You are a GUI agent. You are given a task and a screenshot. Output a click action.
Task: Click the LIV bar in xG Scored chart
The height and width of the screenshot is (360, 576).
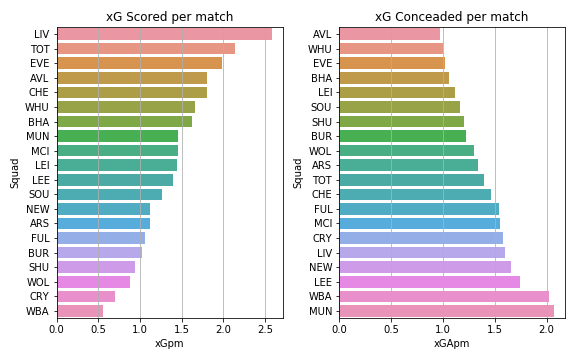click(x=164, y=34)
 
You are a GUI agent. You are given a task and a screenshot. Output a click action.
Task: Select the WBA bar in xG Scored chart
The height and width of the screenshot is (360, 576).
click(x=80, y=311)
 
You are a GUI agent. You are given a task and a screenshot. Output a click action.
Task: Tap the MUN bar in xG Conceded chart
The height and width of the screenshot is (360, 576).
click(x=446, y=311)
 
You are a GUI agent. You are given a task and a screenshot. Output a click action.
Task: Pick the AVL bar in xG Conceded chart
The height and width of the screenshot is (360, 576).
click(x=390, y=34)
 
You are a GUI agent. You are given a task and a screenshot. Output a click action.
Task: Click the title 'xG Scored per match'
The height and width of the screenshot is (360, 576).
click(x=169, y=17)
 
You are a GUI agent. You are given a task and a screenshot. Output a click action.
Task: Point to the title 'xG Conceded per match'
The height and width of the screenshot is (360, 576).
click(x=452, y=17)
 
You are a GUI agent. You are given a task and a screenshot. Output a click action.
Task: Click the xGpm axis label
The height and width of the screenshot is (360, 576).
click(x=169, y=343)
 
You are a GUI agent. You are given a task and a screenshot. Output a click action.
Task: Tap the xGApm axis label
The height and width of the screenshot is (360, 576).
click(x=452, y=343)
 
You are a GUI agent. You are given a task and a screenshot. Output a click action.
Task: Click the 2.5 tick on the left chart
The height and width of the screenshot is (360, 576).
click(x=265, y=328)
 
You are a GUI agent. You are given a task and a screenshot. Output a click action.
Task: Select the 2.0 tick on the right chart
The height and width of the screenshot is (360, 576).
click(x=547, y=328)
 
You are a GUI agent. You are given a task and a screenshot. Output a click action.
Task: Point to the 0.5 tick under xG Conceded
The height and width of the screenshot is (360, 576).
click(x=392, y=328)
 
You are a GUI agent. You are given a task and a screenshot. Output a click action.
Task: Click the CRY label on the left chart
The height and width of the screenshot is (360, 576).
click(x=41, y=297)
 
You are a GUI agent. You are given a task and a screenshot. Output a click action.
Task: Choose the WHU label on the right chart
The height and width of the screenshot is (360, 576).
click(x=321, y=48)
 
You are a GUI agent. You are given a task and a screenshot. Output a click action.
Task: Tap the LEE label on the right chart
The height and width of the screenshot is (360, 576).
click(x=323, y=282)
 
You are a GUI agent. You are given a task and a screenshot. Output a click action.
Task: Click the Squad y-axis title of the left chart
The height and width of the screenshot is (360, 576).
click(x=15, y=173)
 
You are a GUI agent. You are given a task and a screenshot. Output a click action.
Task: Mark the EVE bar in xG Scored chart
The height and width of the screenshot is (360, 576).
click(x=139, y=63)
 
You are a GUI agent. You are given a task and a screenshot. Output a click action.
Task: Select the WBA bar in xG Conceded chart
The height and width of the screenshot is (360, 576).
click(x=444, y=297)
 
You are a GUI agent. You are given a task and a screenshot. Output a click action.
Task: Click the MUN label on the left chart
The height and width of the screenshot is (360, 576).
click(x=40, y=136)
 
